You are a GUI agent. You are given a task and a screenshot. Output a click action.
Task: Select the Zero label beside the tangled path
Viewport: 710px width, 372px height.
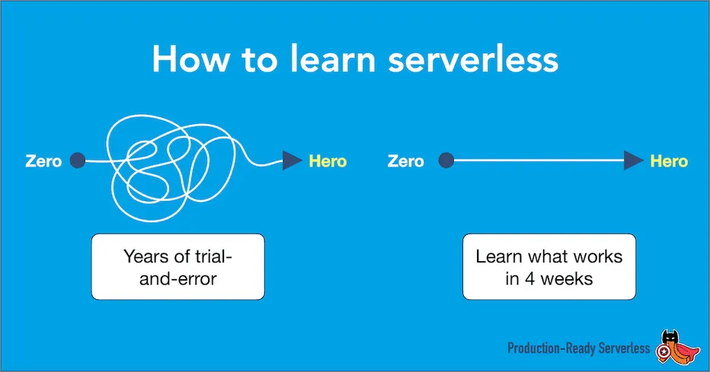[x=43, y=161]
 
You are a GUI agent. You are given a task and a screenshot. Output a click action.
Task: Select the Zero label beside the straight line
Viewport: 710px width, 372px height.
[x=406, y=161]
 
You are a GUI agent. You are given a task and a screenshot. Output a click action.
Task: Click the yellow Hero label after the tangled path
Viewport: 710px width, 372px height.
[x=328, y=161]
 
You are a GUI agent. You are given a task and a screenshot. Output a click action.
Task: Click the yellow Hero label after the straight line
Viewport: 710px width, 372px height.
[x=669, y=161]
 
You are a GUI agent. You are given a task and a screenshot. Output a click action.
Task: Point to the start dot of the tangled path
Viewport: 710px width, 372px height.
[x=77, y=161]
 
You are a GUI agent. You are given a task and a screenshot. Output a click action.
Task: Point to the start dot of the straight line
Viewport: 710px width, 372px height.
[x=446, y=161]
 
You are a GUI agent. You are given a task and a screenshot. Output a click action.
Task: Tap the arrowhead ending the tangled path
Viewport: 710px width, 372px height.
[x=292, y=160]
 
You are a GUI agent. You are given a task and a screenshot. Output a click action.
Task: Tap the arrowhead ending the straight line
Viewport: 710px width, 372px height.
[x=634, y=160]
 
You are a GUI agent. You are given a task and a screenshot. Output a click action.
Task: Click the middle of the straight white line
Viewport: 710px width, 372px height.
[x=539, y=161]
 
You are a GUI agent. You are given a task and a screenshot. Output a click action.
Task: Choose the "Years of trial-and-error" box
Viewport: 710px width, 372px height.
[x=177, y=267]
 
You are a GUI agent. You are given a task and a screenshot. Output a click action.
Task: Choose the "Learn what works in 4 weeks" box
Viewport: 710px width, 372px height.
[x=548, y=267]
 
